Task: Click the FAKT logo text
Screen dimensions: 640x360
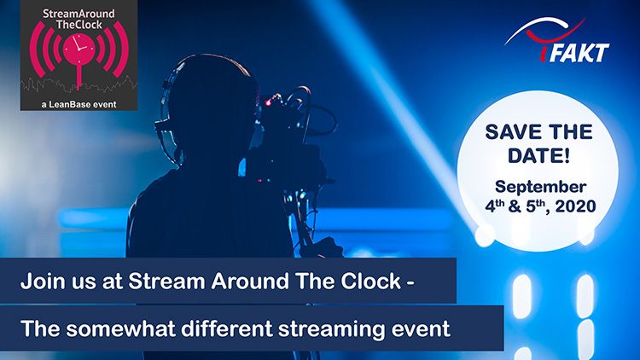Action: click(x=579, y=53)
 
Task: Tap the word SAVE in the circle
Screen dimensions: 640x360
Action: click(x=511, y=132)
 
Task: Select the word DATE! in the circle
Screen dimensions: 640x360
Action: click(x=538, y=156)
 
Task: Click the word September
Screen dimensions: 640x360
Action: click(x=540, y=187)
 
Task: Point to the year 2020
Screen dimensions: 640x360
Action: click(x=575, y=206)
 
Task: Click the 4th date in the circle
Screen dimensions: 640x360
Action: click(x=495, y=206)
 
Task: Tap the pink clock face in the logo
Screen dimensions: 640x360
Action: click(x=79, y=49)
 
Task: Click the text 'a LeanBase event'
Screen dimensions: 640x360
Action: click(x=79, y=104)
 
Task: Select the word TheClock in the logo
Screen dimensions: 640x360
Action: click(x=79, y=25)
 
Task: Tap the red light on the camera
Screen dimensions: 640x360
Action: click(x=268, y=102)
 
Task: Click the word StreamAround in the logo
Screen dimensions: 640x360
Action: click(x=79, y=14)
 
